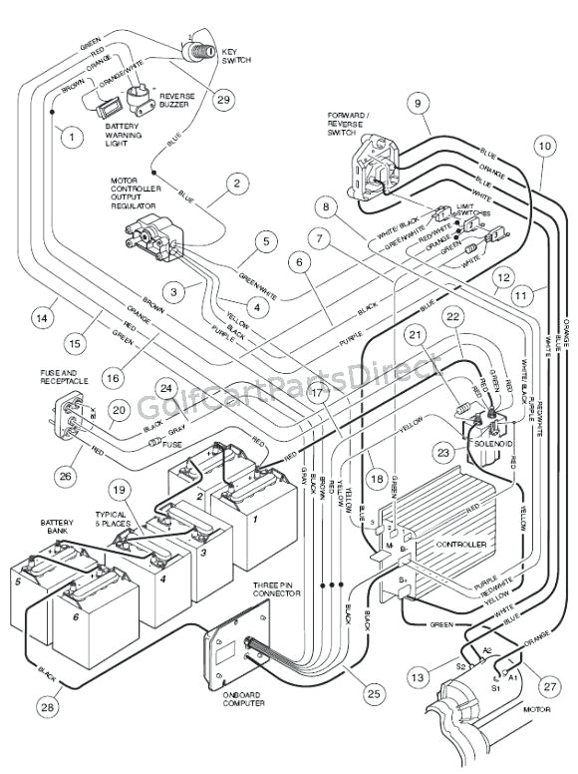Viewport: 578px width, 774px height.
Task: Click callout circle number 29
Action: click(x=222, y=99)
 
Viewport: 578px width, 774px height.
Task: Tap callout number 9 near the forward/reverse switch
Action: click(x=417, y=102)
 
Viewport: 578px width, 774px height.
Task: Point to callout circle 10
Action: click(x=542, y=146)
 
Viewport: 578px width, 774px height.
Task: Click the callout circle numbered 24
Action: click(x=166, y=388)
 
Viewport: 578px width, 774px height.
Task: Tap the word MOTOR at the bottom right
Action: click(x=539, y=710)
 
